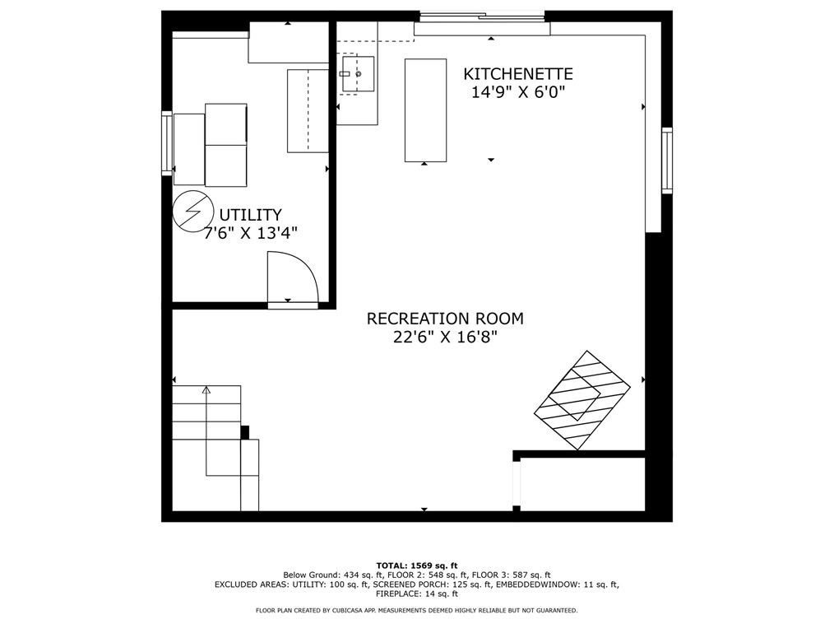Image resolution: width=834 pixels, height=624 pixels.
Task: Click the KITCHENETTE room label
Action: click(x=518, y=74)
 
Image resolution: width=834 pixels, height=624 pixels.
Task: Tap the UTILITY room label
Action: click(x=251, y=215)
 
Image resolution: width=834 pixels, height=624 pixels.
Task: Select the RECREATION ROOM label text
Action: click(x=445, y=319)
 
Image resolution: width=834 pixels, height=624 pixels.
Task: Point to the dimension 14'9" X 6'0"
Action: click(x=518, y=93)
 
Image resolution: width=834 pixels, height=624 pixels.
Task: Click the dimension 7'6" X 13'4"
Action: click(x=251, y=233)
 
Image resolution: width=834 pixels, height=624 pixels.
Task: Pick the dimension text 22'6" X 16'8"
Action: click(x=445, y=337)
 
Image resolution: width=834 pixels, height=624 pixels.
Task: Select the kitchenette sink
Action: click(x=358, y=74)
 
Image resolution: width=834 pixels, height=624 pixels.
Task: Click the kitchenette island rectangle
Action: click(x=425, y=110)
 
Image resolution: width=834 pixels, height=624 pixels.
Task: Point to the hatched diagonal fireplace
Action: click(x=581, y=400)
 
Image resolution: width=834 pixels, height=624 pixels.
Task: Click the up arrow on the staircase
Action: click(x=206, y=390)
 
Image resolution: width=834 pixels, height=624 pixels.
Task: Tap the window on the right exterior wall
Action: click(x=667, y=161)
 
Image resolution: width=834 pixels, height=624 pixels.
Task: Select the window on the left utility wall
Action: click(x=167, y=143)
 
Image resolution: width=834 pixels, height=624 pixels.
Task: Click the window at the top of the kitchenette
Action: click(x=483, y=16)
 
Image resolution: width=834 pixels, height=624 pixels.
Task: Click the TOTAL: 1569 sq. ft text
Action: click(x=417, y=566)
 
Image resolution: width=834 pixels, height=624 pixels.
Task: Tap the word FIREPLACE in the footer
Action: click(x=396, y=594)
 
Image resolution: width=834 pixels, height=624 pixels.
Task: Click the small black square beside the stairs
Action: click(x=244, y=432)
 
